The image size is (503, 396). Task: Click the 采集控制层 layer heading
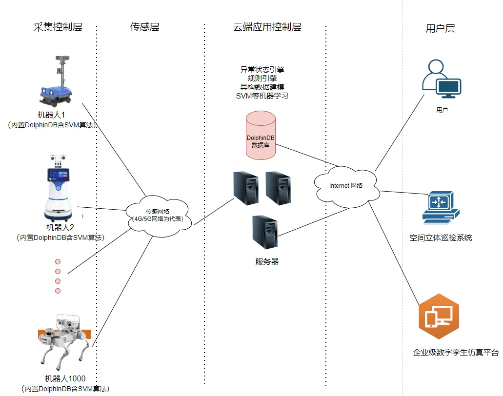pos(58,27)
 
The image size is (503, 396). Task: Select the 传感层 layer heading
pos(144,27)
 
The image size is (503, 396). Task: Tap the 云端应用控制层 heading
pos(267,27)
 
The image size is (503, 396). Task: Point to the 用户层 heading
pos(440,28)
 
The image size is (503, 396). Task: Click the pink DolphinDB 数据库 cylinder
pos(261,135)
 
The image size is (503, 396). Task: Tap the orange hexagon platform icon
pos(439,316)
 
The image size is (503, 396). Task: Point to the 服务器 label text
pos(267,262)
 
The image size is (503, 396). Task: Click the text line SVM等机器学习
pos(262,96)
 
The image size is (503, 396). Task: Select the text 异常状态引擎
pos(262,70)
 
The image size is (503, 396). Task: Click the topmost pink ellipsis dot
pos(58,262)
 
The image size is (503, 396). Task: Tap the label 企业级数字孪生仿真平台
pos(455,353)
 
